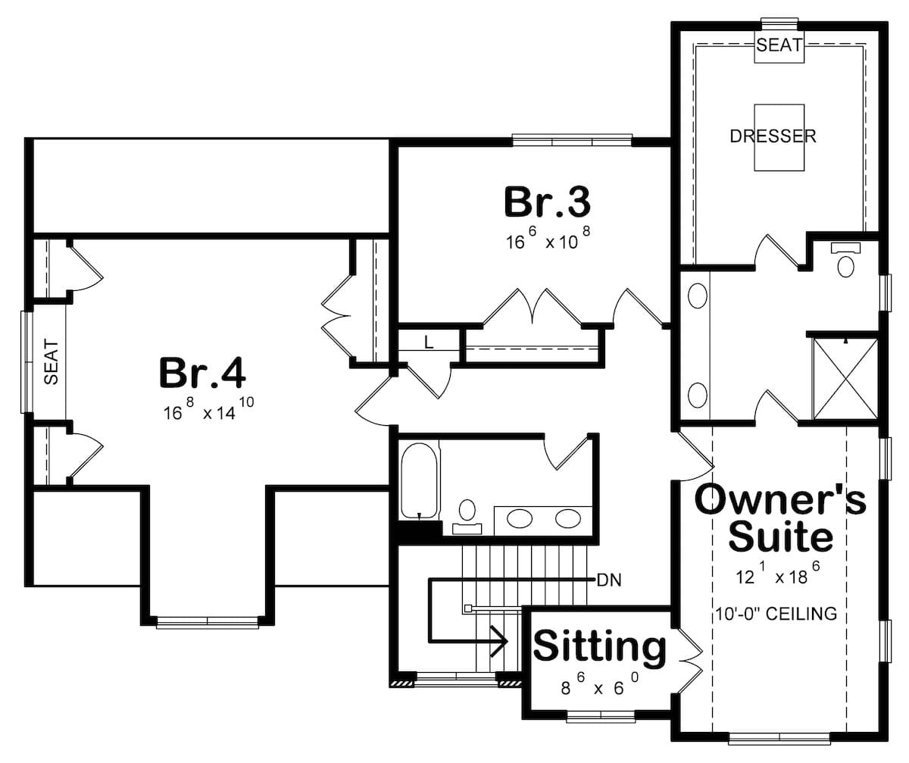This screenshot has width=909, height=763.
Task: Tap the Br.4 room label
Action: click(202, 373)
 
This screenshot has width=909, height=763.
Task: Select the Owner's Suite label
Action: click(780, 518)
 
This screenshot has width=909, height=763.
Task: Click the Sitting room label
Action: click(600, 647)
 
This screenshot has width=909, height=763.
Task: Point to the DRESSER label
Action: click(773, 136)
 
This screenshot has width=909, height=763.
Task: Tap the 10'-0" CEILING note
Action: click(775, 614)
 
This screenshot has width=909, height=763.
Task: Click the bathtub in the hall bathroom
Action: click(418, 482)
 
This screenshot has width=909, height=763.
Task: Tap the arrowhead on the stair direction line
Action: click(500, 642)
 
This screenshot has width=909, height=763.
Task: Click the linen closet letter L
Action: click(429, 342)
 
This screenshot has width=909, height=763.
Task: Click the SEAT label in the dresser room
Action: click(779, 45)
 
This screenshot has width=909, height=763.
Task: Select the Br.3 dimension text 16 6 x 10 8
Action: click(547, 241)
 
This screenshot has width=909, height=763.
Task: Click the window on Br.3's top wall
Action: click(572, 140)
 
